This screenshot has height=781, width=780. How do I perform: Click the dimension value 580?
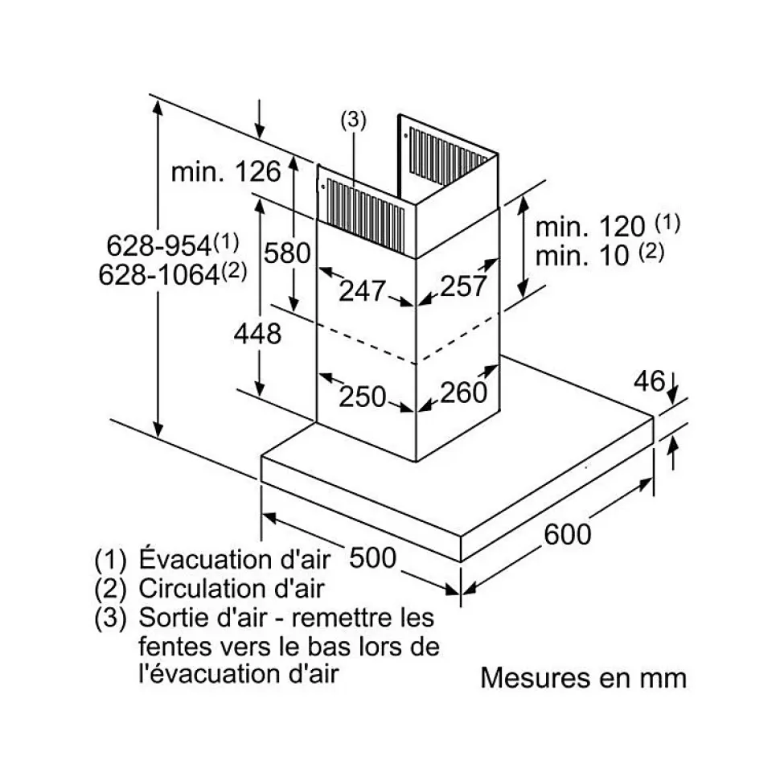tap(287, 253)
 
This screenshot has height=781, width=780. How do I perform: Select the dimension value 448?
tap(258, 332)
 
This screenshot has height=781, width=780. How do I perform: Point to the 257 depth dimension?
tap(465, 286)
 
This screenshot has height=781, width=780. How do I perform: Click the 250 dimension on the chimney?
tap(363, 396)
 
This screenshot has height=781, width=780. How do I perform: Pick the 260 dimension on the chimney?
tap(464, 393)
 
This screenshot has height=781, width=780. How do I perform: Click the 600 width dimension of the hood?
tap(568, 533)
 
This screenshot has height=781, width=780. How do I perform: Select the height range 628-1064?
tap(159, 274)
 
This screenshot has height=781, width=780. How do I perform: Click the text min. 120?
tap(590, 226)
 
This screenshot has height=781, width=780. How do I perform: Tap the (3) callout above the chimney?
tap(353, 120)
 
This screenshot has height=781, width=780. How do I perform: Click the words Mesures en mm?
tap(584, 677)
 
